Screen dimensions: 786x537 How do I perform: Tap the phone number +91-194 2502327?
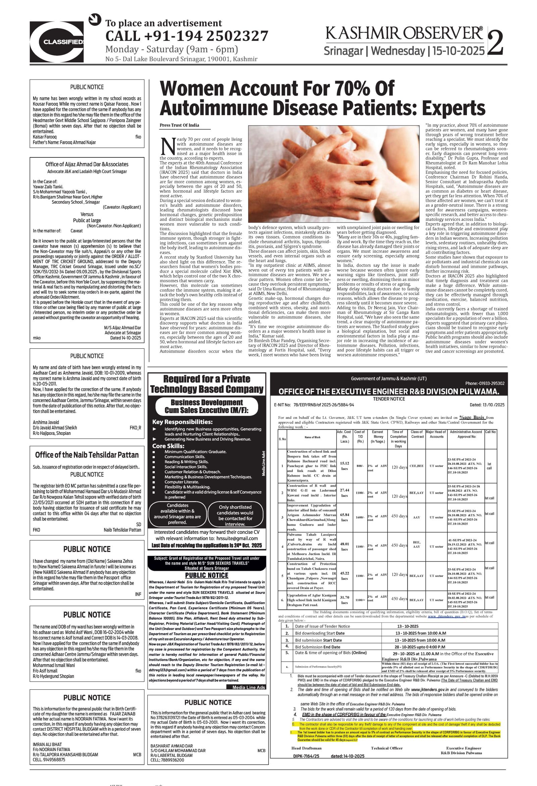coord(187,36)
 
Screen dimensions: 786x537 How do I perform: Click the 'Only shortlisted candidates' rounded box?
coord(235,515)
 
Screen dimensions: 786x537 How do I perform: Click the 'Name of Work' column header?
coord(312,437)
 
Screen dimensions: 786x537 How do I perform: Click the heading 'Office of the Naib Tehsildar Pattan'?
coord(87,455)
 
